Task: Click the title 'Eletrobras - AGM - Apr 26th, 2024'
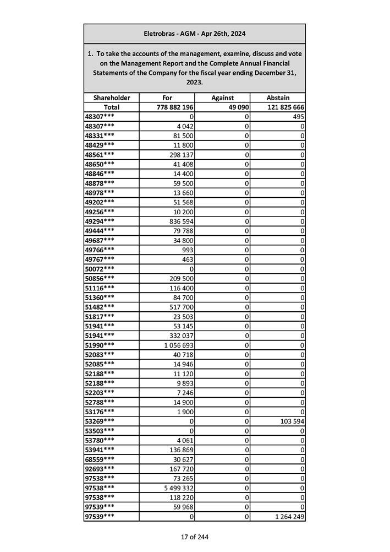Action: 194,34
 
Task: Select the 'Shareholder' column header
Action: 112,98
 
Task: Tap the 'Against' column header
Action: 222,98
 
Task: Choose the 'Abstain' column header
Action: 278,98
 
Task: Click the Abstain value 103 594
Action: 290,421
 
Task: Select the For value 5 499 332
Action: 175,488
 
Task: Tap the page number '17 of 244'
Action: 194,537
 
